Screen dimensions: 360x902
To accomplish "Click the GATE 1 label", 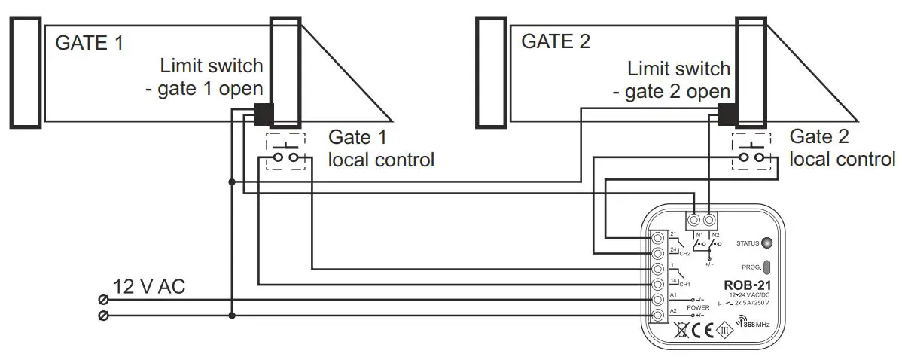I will (x=89, y=42).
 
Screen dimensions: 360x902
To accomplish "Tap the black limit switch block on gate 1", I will (x=264, y=114).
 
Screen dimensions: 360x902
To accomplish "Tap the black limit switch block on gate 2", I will (x=728, y=114).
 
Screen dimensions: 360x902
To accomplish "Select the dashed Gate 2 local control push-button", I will (x=751, y=151).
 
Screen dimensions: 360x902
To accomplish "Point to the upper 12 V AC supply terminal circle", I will (x=103, y=299).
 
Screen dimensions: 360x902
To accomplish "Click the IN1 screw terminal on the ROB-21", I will (x=694, y=221).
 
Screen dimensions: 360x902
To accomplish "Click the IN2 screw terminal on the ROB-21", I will (x=708, y=221).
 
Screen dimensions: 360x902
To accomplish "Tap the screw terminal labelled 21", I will (x=657, y=238).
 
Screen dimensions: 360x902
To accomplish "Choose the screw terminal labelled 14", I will (x=657, y=284).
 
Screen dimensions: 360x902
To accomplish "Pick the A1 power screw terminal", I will (x=657, y=299).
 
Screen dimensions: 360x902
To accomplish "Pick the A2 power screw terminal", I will (x=657, y=315).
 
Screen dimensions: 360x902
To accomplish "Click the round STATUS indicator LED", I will (x=766, y=243).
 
